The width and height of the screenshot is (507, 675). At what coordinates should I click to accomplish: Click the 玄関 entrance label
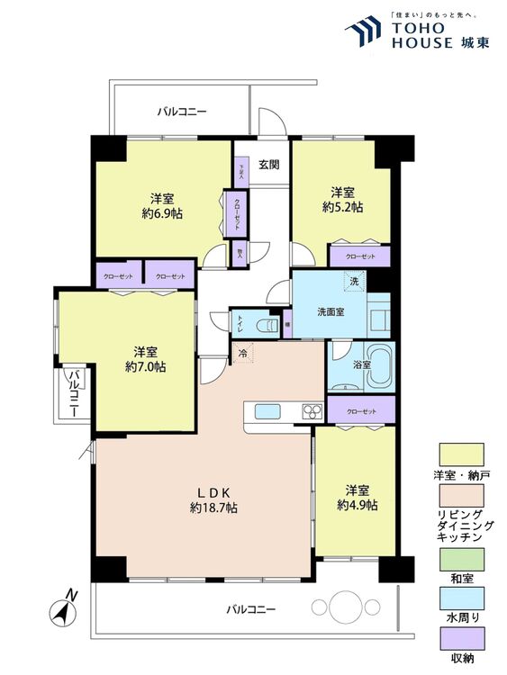pos(268,164)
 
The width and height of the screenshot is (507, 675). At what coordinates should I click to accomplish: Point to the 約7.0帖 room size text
pos(144,367)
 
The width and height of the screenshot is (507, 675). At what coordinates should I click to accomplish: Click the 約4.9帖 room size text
pos(357,506)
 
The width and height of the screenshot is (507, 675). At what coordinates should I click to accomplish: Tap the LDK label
pos(215,492)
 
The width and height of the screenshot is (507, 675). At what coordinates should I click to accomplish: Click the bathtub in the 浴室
pos(371,366)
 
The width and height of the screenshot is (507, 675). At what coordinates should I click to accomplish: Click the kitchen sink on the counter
pos(268,412)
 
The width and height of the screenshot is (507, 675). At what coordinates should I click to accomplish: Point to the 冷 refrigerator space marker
pos(243,353)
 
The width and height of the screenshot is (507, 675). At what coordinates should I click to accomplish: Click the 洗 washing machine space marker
pos(354,282)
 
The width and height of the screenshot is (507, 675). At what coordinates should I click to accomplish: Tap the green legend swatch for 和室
pos(459,556)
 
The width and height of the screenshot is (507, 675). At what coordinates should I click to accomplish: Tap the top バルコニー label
pos(182,112)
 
